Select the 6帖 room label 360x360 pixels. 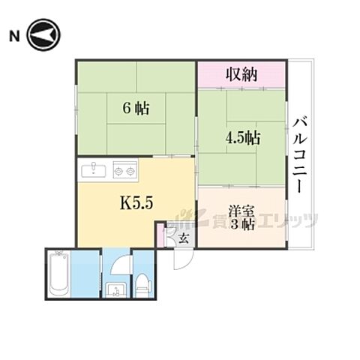pyautogui.click(x=136, y=107)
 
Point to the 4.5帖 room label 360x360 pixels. pyautogui.click(x=242, y=137)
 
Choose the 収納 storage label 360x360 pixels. pyautogui.click(x=241, y=74)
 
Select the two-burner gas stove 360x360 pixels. pyautogui.click(x=123, y=171)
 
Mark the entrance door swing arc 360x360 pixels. pyautogui.click(x=179, y=259)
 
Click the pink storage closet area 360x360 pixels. pyautogui.click(x=241, y=74)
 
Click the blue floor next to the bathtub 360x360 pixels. pyautogui.click(x=88, y=274)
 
